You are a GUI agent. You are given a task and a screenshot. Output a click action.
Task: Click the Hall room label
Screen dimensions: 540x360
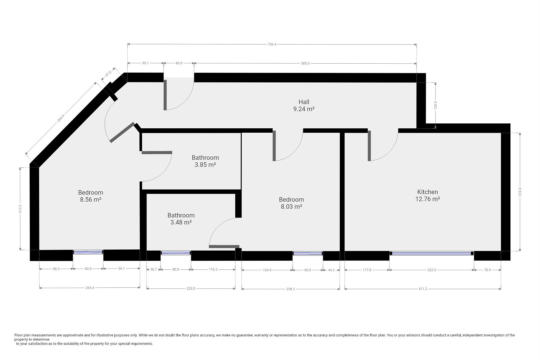(304, 102)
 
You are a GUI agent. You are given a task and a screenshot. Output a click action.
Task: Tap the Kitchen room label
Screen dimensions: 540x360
(427, 192)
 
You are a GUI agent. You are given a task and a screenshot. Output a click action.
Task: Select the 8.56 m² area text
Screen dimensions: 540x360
(91, 199)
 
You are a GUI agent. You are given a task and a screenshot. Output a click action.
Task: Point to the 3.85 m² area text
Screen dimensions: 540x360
(205, 165)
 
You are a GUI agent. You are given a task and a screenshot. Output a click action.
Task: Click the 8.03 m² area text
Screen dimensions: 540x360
(291, 207)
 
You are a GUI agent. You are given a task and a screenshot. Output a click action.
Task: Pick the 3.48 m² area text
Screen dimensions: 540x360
(181, 222)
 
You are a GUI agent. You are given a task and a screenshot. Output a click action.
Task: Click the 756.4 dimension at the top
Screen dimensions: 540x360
(272, 44)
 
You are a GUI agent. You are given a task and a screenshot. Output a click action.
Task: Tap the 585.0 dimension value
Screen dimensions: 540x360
(305, 63)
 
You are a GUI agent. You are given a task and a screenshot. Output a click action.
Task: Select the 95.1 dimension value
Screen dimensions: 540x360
(146, 63)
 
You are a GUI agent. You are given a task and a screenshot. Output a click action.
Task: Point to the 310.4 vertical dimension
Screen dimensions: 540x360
(520, 192)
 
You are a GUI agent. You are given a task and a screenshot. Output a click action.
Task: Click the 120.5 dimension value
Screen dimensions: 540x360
(435, 105)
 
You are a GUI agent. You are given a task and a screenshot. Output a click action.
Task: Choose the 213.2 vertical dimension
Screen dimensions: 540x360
(20, 209)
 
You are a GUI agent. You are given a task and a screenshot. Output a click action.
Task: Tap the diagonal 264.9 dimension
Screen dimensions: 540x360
(61, 118)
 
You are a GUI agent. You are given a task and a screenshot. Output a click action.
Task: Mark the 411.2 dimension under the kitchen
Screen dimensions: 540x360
(423, 289)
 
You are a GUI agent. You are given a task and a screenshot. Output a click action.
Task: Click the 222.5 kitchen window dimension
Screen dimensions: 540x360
(432, 270)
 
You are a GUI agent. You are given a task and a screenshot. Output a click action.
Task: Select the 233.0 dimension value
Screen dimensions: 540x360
(191, 288)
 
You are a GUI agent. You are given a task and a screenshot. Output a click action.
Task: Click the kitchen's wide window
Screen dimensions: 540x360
(432, 253)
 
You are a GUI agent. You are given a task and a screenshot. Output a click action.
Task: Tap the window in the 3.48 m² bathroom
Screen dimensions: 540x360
(176, 253)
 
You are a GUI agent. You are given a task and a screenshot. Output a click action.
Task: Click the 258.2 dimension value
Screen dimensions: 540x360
(290, 289)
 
